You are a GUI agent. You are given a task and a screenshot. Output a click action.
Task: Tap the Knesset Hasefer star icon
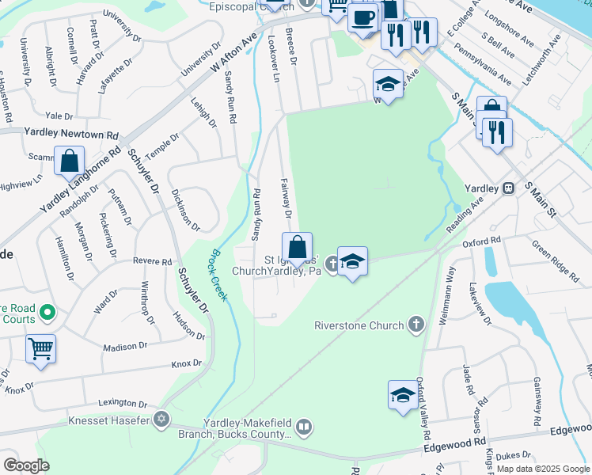(x=162, y=420)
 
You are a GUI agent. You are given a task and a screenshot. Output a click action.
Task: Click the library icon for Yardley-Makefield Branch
(x=303, y=428)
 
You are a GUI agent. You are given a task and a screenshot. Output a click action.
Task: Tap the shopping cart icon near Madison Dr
(x=40, y=348)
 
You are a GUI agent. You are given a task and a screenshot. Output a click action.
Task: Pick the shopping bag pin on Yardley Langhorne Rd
(x=70, y=160)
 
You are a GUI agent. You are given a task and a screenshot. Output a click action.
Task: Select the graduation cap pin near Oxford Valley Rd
(x=402, y=394)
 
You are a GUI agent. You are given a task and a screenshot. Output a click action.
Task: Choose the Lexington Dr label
(x=124, y=403)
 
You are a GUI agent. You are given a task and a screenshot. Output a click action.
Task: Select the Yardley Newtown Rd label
(x=70, y=135)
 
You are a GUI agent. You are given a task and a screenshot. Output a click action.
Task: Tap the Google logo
(x=26, y=465)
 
